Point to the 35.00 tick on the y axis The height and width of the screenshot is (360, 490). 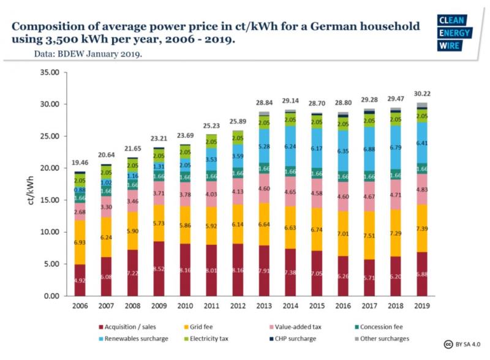(48, 72)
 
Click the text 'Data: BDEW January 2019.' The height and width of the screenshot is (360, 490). (88, 54)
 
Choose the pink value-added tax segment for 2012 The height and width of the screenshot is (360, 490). (237, 191)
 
